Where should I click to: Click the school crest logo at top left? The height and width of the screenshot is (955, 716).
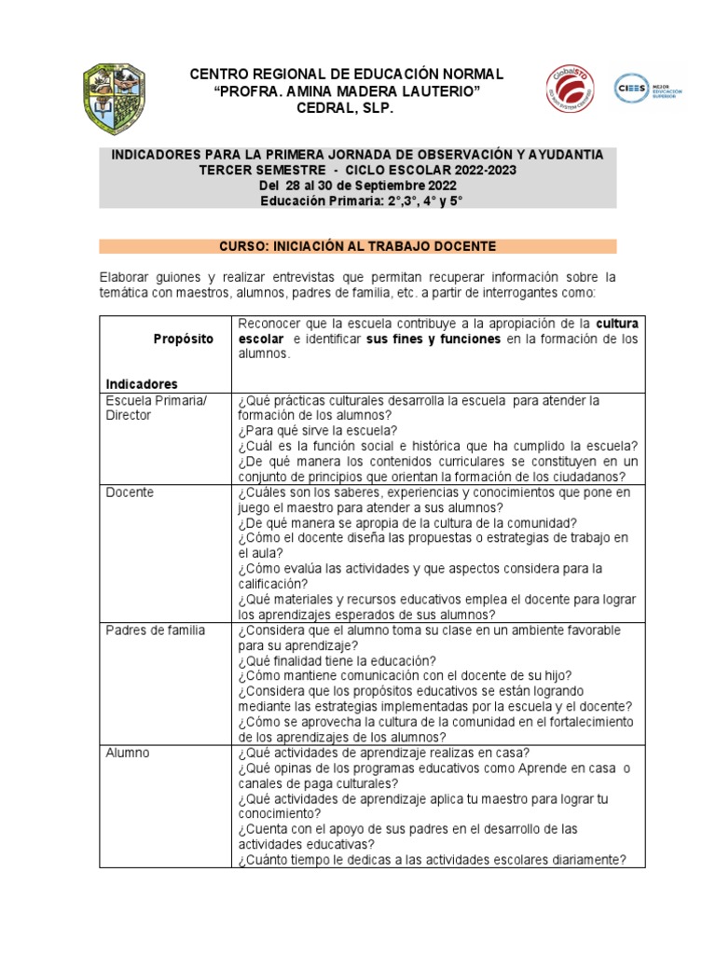115,99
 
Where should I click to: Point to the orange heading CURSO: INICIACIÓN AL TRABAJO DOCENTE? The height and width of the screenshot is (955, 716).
358,246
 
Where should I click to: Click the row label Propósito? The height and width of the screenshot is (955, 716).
184,339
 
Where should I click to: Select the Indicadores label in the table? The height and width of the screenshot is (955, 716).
142,383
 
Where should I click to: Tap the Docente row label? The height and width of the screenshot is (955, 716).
130,491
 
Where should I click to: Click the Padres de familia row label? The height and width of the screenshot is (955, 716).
156,630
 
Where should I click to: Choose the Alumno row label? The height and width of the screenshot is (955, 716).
127,752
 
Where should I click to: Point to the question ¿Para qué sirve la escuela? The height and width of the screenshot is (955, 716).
318,430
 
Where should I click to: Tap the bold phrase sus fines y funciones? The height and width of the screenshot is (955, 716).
434,339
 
